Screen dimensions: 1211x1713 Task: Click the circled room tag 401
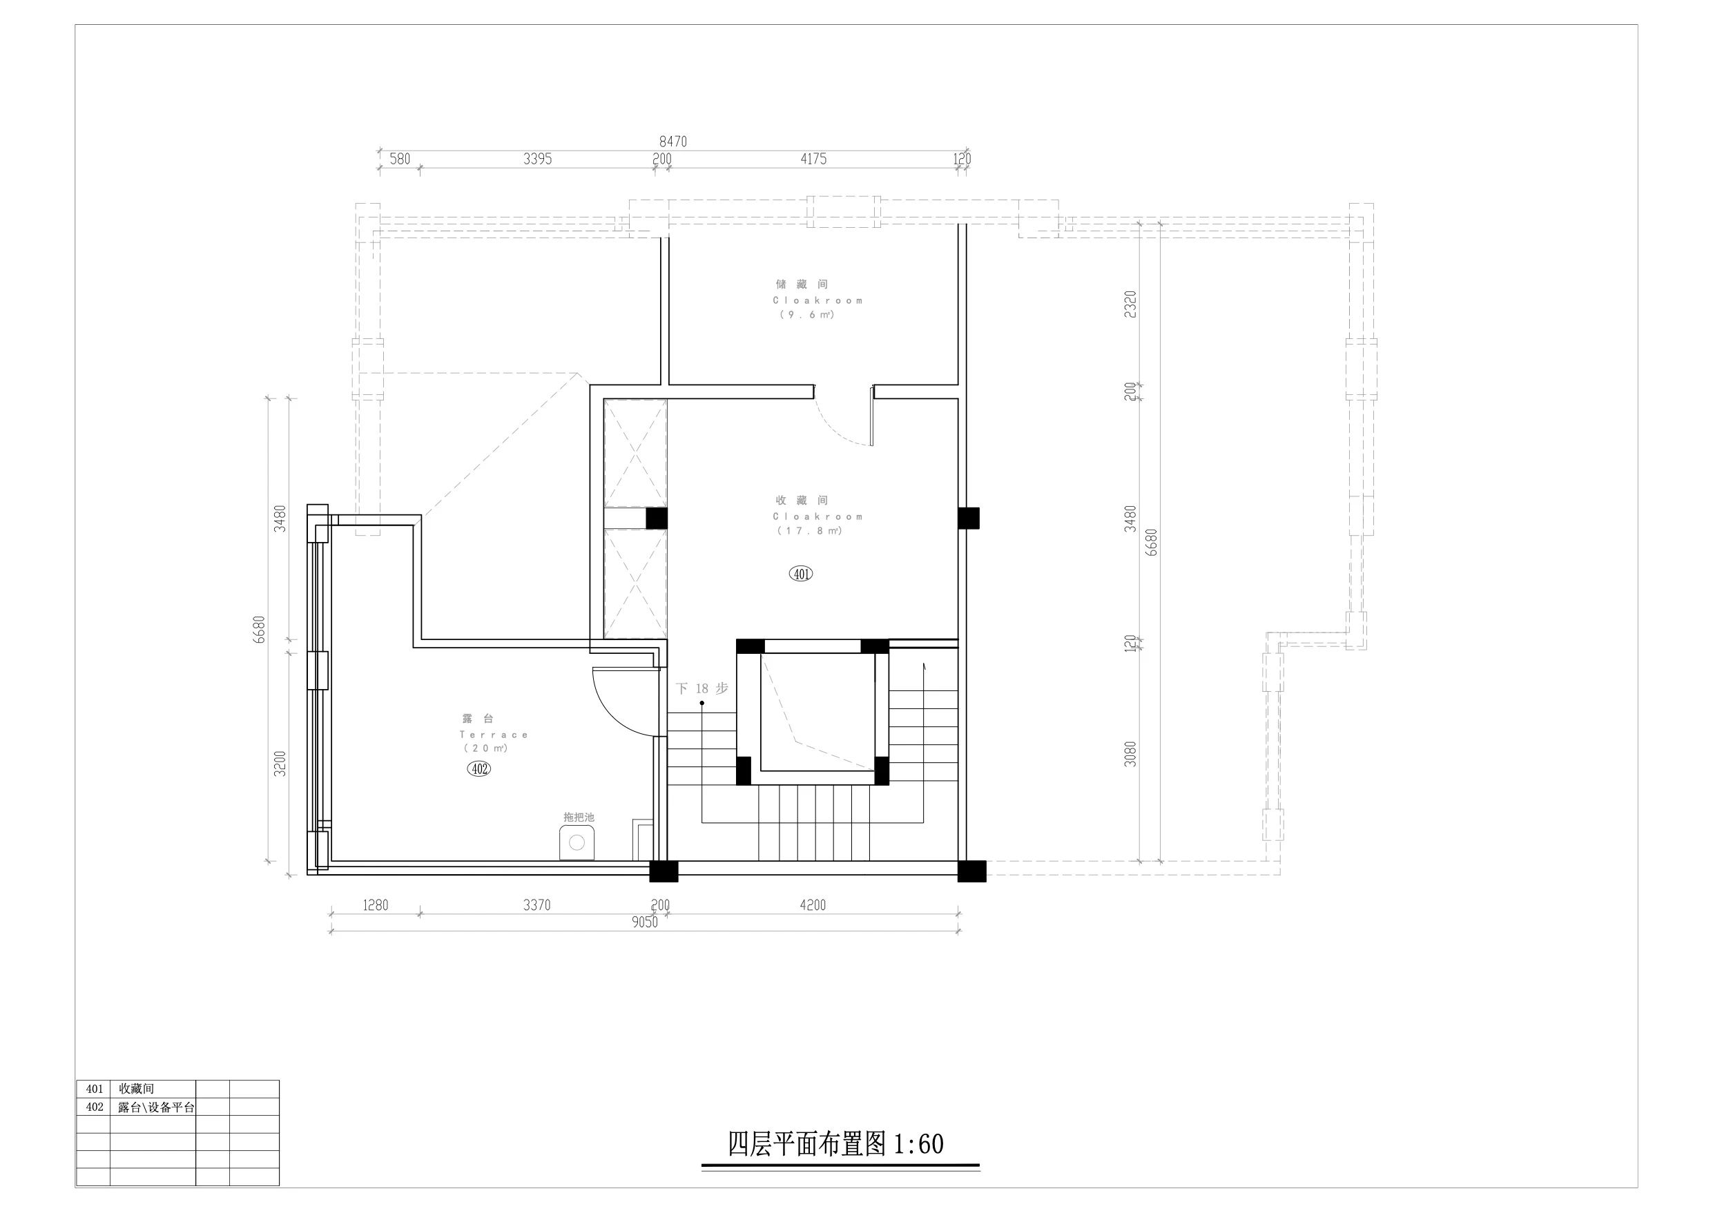[x=800, y=574]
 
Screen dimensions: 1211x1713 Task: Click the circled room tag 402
[x=479, y=768]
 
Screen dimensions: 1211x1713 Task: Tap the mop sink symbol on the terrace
[x=577, y=842]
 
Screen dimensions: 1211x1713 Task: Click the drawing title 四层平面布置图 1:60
[x=835, y=1144]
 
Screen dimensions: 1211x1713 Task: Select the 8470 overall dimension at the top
[x=673, y=141]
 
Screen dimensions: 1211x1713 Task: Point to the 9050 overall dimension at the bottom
[x=645, y=922]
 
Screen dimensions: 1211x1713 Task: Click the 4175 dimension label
[x=813, y=159]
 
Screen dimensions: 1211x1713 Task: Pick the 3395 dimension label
[x=537, y=159]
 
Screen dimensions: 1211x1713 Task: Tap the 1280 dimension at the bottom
[x=376, y=905]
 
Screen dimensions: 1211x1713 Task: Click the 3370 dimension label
[x=536, y=905]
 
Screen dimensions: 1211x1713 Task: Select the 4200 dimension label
[x=813, y=905]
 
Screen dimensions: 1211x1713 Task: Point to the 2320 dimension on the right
[x=1130, y=304]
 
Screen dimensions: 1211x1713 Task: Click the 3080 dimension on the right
[x=1130, y=754]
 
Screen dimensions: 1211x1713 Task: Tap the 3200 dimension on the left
[x=280, y=764]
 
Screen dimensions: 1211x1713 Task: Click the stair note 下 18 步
[x=701, y=688]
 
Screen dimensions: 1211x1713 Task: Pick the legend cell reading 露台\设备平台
[x=156, y=1107]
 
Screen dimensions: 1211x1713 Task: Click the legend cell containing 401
[x=94, y=1089]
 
